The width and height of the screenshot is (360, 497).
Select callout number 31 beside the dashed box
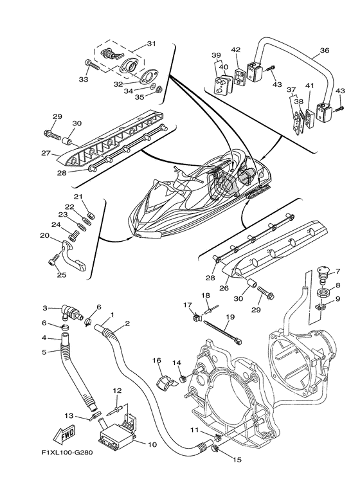(152, 44)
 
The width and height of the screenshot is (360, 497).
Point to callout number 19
(230, 316)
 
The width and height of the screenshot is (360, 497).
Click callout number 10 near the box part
(152, 444)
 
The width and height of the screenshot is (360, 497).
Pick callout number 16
(157, 361)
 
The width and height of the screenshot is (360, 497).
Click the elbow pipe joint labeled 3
(71, 312)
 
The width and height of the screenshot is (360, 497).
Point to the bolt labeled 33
(92, 64)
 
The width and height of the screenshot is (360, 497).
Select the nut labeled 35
(160, 89)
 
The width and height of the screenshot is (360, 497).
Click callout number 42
(236, 50)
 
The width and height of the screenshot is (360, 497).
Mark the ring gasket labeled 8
(323, 292)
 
